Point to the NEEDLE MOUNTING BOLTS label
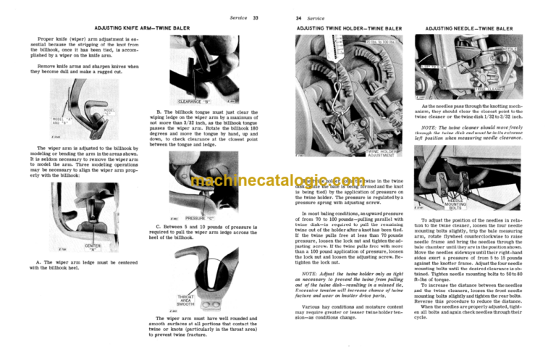click(x=460, y=205)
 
